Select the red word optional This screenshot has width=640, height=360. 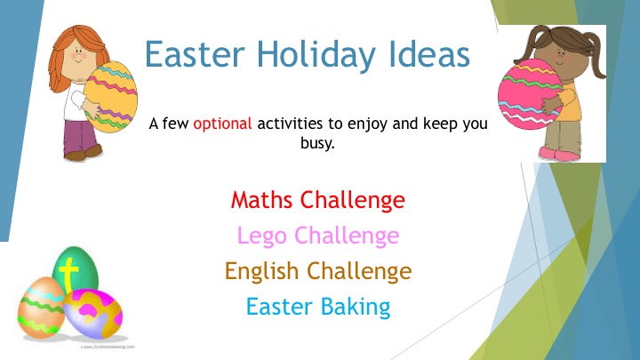click(x=222, y=124)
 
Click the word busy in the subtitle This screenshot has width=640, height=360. click(x=315, y=142)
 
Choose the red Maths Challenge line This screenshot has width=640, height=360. click(x=318, y=200)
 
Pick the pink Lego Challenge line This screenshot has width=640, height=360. click(x=318, y=236)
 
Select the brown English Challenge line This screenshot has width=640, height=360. click(x=318, y=271)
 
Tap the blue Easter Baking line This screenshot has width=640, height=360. click(x=318, y=307)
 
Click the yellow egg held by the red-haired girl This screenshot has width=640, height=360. click(x=111, y=97)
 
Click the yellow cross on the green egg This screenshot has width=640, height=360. click(x=68, y=271)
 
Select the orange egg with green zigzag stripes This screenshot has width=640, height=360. click(x=41, y=308)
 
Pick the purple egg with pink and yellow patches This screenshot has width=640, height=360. click(x=93, y=314)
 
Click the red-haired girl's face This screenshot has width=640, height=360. click(x=79, y=56)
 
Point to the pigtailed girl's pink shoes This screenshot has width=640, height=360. click(x=558, y=154)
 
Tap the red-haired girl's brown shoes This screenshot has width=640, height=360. click(x=83, y=153)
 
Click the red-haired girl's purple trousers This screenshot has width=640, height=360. click(x=80, y=135)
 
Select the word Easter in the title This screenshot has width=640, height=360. click(x=195, y=54)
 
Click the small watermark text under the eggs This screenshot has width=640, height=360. click(x=108, y=347)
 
